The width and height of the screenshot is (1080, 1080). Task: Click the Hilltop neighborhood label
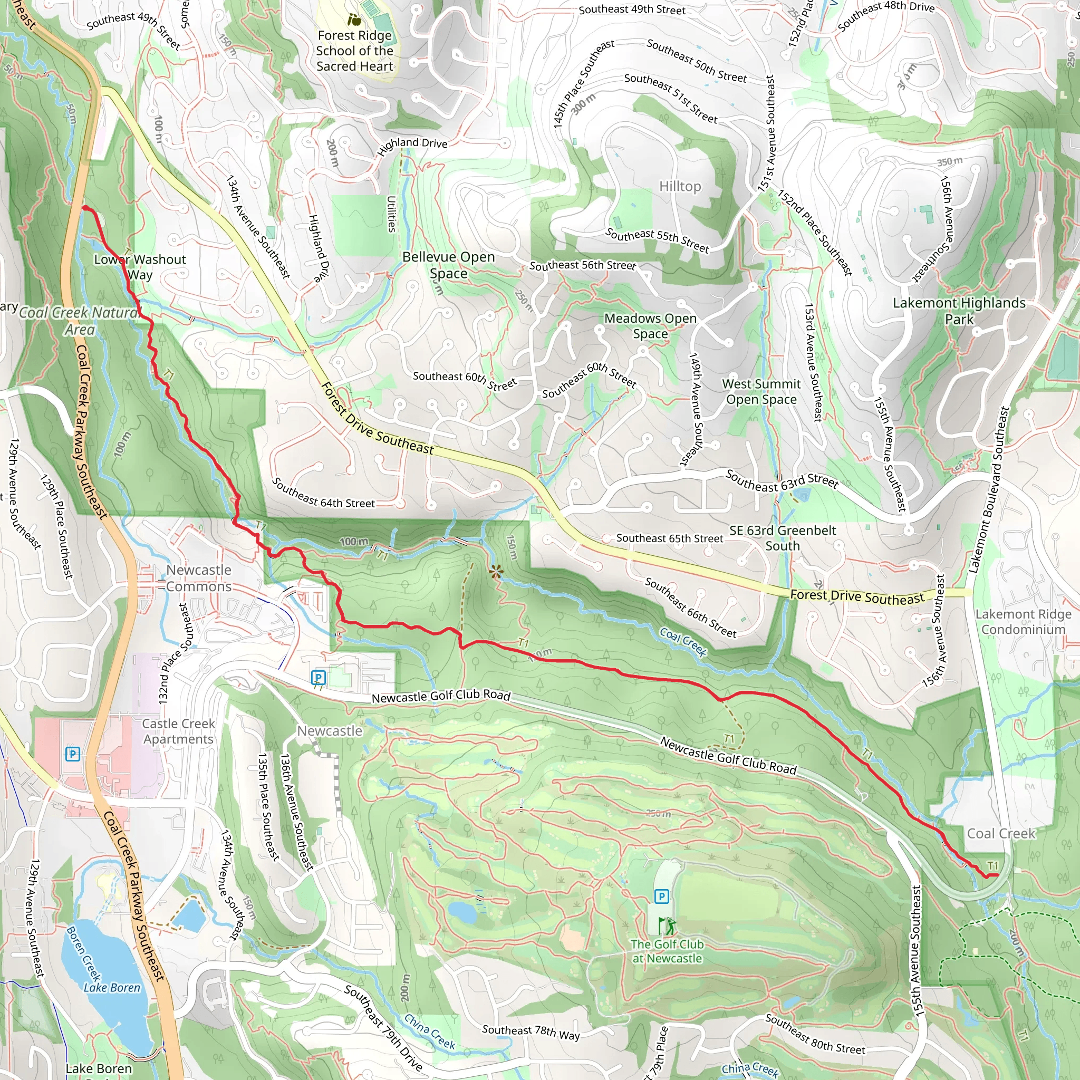tap(680, 186)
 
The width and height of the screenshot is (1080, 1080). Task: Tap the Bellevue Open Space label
tap(448, 265)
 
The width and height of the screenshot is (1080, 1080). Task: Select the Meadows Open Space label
tap(650, 325)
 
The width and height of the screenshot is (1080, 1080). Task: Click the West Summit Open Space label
tap(761, 391)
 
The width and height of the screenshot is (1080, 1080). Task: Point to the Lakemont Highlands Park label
tap(959, 311)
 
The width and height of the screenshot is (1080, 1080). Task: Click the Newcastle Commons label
tap(198, 578)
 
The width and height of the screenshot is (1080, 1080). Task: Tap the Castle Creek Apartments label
tap(178, 731)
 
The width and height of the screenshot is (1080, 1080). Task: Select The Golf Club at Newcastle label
tap(667, 951)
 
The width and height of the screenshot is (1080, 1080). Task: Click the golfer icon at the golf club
tap(667, 925)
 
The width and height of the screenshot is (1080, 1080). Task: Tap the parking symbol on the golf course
tap(661, 896)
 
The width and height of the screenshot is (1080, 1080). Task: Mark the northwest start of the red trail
tap(85, 208)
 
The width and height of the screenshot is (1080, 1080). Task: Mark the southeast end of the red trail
tap(997, 875)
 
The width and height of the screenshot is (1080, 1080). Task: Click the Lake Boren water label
tap(112, 988)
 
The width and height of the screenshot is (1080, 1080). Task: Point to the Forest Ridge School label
tap(354, 51)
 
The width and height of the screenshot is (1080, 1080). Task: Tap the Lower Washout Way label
tap(139, 267)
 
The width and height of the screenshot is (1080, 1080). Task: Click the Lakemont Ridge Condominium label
tap(1023, 622)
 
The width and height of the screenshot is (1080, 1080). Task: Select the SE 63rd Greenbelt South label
tap(782, 538)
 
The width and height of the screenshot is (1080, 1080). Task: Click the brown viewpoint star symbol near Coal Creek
tap(496, 571)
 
